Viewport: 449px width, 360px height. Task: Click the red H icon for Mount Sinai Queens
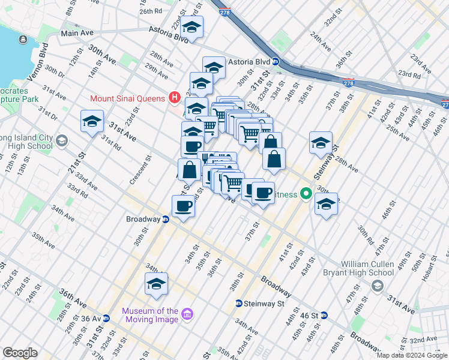pyautogui.click(x=175, y=97)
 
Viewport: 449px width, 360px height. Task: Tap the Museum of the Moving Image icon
pyautogui.click(x=187, y=315)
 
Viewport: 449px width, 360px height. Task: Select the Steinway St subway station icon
pyautogui.click(x=238, y=304)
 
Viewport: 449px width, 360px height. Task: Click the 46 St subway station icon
pyautogui.click(x=324, y=315)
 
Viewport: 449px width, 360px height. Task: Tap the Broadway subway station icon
pyautogui.click(x=166, y=219)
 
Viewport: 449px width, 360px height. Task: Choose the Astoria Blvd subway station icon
pyautogui.click(x=275, y=61)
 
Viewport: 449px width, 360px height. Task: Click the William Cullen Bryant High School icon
pyautogui.click(x=376, y=286)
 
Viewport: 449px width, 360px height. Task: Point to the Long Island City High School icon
pyautogui.click(x=61, y=142)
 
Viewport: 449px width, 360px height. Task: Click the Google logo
pyautogui.click(x=20, y=353)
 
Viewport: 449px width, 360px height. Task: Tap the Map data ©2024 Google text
pyautogui.click(x=411, y=355)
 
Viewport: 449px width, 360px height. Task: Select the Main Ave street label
pyautogui.click(x=77, y=33)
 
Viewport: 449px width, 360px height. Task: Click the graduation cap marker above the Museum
pyautogui.click(x=156, y=284)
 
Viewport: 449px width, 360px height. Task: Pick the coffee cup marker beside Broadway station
pyautogui.click(x=184, y=206)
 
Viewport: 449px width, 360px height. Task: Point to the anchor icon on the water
pyautogui.click(x=23, y=40)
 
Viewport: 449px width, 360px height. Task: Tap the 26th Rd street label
pyautogui.click(x=151, y=11)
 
